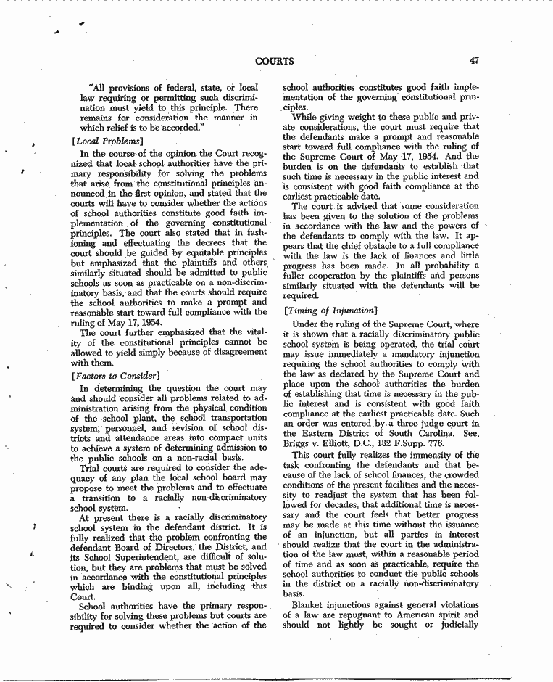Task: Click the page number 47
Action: point(475,61)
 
